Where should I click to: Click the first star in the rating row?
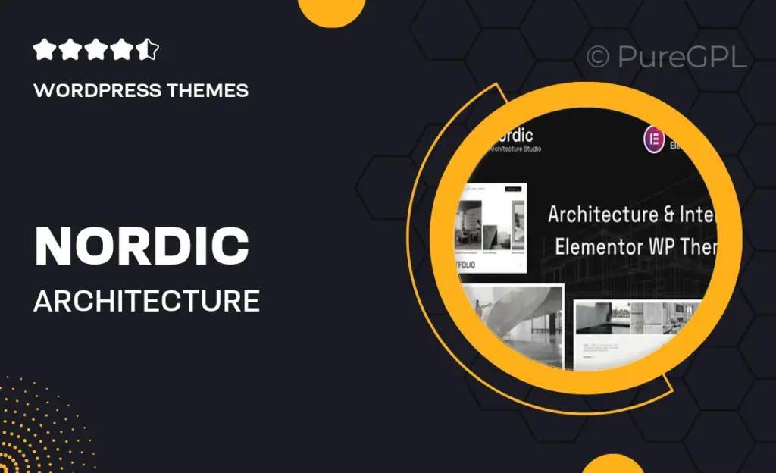45,51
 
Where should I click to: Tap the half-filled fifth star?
149,51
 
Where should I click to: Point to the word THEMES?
212,91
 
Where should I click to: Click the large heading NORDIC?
142,246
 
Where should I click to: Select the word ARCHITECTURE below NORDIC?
146,301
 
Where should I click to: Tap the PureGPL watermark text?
682,57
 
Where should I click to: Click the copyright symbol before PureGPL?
599,57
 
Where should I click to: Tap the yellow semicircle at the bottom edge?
612,463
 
